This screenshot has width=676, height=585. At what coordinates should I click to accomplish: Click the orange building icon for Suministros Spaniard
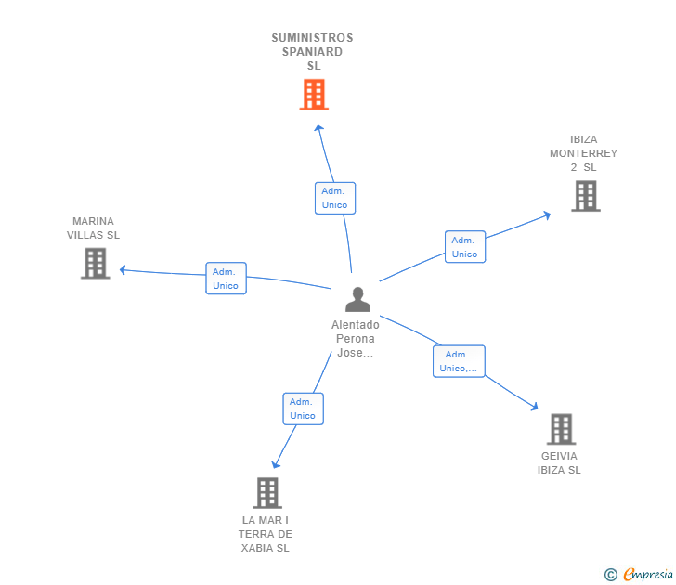314,95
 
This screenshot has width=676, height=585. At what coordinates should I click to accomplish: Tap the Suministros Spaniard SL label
313,52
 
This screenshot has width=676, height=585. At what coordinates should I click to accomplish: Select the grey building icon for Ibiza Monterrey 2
585,196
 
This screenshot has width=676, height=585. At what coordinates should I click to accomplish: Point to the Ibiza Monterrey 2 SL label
583,153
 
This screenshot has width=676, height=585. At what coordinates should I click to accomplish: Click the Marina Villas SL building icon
95,263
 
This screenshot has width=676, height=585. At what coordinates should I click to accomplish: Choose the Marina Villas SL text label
93,228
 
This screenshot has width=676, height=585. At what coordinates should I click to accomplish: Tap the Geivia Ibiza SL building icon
561,429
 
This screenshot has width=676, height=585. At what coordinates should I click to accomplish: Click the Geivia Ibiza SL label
559,463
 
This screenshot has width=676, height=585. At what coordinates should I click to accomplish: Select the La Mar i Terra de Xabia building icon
266,493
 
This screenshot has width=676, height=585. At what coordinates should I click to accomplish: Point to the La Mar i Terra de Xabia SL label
266,534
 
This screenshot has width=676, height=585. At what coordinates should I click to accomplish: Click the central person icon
357,299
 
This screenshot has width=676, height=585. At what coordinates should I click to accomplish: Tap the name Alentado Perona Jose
356,339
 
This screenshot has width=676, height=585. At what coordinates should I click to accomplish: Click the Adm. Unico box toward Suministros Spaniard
334,198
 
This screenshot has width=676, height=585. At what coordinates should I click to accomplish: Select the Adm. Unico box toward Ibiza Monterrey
464,247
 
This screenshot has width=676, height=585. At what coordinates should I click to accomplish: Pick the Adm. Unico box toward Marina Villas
226,279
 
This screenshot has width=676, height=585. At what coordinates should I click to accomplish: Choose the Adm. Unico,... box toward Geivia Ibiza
459,361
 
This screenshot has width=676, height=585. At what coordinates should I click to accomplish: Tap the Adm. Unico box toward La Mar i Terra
303,409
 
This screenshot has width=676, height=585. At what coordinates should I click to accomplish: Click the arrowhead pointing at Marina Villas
122,270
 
